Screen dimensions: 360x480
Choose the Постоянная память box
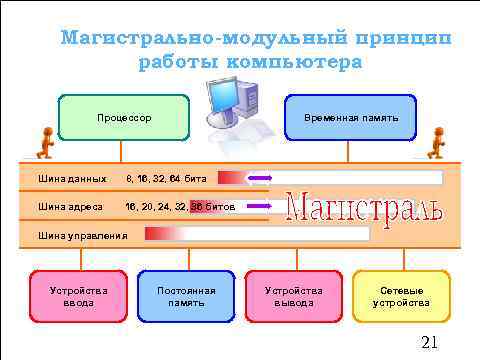coord(187,296)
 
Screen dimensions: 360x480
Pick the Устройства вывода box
coord(294,296)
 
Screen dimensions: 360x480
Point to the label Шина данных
coord(72,179)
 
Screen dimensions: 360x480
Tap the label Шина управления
coord(82,235)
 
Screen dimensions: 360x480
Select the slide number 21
coord(430,343)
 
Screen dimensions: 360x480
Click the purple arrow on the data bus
coord(258,178)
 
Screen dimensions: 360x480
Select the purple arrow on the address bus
coord(257,207)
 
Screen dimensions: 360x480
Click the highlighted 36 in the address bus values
coord(197,207)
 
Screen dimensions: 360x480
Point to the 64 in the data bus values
coord(176,179)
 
